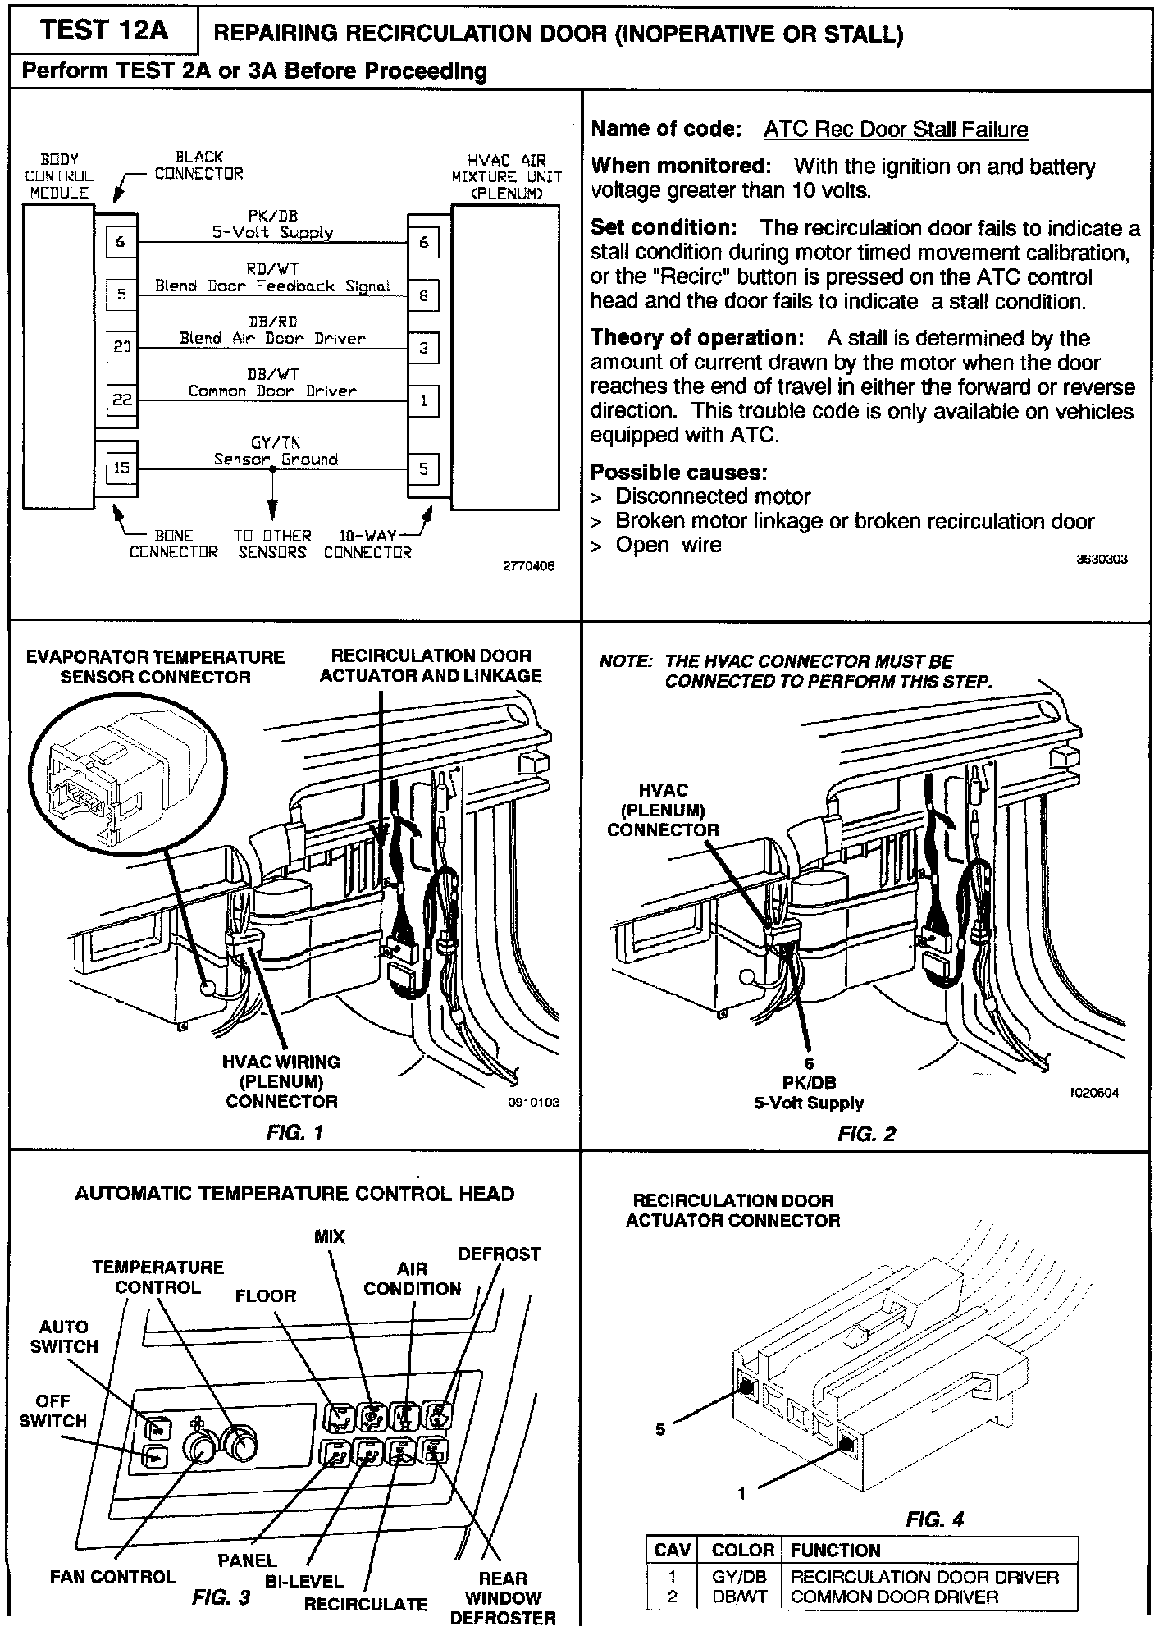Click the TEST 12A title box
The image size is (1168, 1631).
tap(103, 31)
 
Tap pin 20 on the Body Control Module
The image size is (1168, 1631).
tap(121, 347)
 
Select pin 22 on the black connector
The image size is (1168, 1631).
tap(121, 400)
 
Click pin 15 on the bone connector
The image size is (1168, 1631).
tap(121, 468)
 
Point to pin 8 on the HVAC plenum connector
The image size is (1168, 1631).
tap(423, 295)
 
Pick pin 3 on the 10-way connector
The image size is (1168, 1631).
tap(423, 348)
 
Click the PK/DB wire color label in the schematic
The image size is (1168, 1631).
tap(272, 216)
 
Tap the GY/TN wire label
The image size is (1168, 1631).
tap(276, 443)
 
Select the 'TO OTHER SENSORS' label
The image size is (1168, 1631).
tap(272, 544)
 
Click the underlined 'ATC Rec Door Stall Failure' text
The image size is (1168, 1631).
tap(896, 130)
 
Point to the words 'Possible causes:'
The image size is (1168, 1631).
tap(678, 473)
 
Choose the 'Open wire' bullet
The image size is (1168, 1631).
tap(668, 546)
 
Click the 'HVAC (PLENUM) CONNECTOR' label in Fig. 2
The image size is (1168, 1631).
tap(663, 810)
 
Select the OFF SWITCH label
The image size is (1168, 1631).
tap(52, 1411)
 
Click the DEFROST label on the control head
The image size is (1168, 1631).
tap(499, 1254)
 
